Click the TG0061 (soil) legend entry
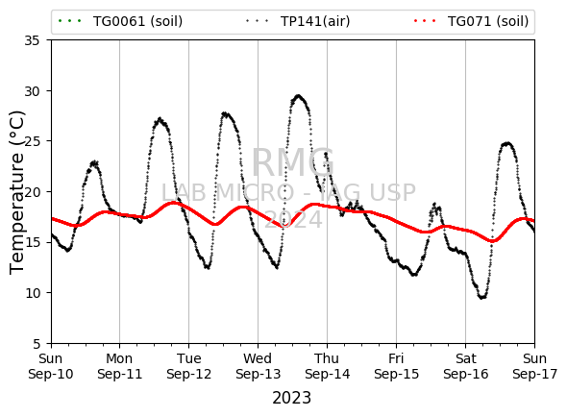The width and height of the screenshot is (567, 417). tap(120, 21)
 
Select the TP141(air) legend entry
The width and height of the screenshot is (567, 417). tap(298, 21)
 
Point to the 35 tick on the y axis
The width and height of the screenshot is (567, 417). tap(32, 40)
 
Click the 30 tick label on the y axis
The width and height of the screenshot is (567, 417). tap(32, 90)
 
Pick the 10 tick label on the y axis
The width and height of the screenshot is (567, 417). tap(32, 293)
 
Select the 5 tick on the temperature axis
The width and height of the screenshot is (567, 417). tap(37, 343)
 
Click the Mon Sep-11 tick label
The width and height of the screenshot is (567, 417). tap(120, 366)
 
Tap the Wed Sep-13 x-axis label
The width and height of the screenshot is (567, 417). tap(258, 366)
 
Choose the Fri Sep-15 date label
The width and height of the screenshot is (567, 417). tap(396, 366)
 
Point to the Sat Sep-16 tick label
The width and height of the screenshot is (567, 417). tap(465, 366)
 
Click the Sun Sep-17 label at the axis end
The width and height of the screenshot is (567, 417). tap(535, 366)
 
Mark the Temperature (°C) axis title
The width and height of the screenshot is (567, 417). tap(16, 192)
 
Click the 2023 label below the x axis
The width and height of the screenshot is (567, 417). tap(291, 398)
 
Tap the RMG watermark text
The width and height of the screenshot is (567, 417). tap(293, 162)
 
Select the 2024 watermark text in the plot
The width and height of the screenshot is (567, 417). tap(293, 219)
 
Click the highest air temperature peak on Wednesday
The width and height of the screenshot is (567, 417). tap(298, 96)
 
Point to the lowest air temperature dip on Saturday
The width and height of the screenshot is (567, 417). tap(482, 298)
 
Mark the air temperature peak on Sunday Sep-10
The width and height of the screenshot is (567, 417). tap(94, 162)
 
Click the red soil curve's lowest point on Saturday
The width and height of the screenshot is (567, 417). tap(492, 241)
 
